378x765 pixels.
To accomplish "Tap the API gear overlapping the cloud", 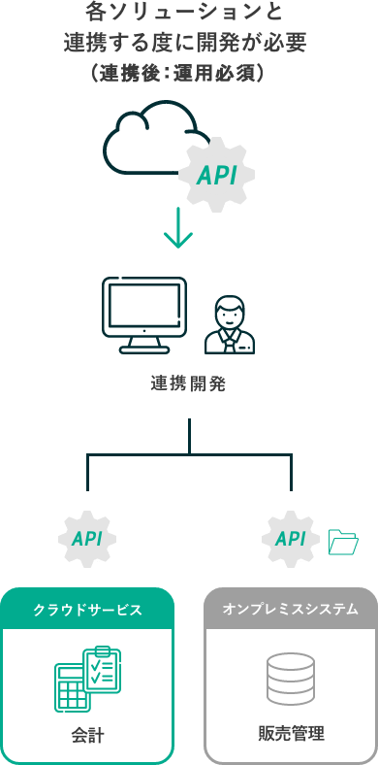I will pos(216,176).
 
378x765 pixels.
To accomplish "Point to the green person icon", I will pos(230,325).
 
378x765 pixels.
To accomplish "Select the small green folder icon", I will pos(343,542).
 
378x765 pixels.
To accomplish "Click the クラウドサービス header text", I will pos(87,610).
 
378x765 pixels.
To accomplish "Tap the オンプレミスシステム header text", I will pos(291,610).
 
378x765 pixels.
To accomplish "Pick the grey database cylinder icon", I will pos(291,679).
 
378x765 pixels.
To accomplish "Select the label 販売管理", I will pos(291,733).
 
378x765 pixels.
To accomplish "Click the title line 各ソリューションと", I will pos(189,14).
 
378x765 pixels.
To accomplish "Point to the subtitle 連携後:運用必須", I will pos(178,74).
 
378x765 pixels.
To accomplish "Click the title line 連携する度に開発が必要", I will pos(189,43).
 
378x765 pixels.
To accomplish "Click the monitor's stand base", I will pos(144,349).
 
